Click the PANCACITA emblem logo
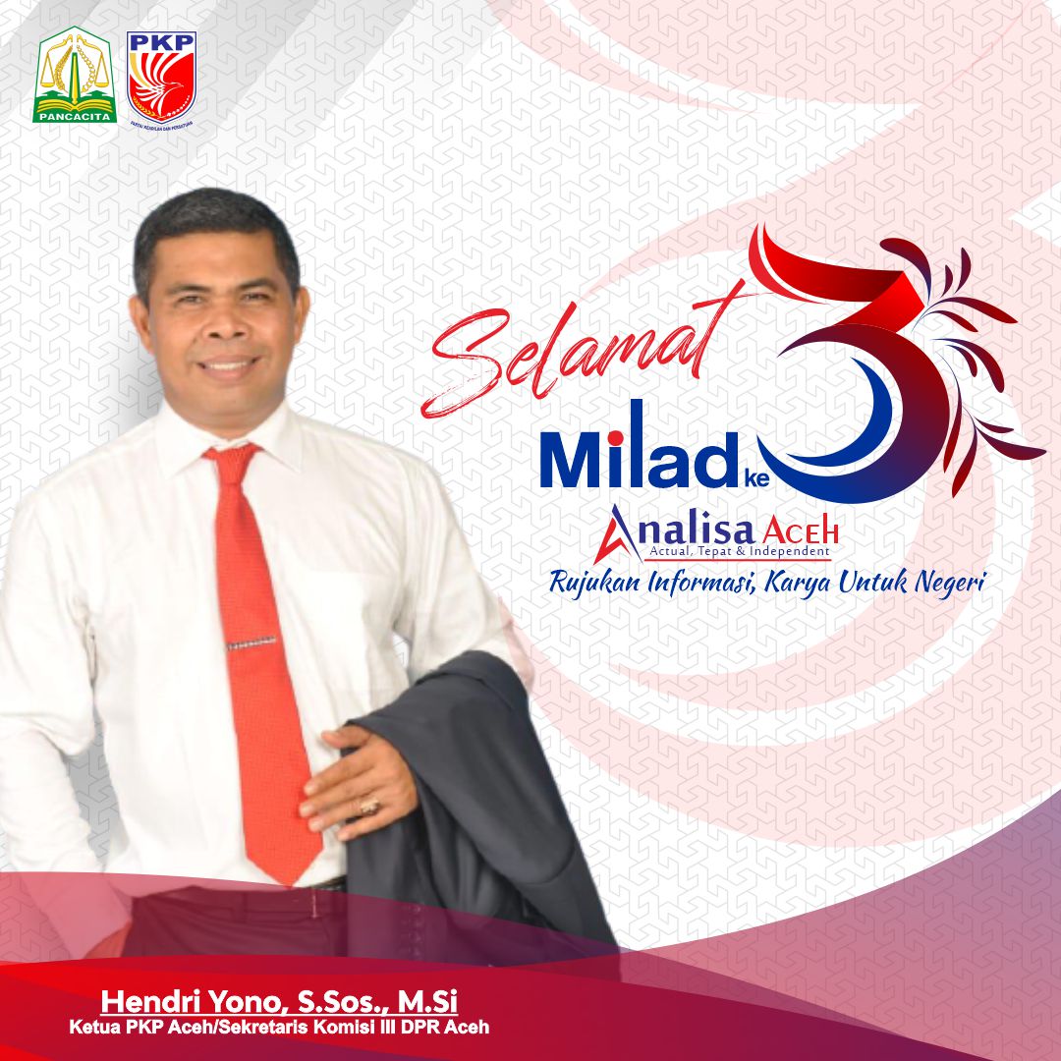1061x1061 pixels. click(x=75, y=75)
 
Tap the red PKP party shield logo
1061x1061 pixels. click(x=162, y=77)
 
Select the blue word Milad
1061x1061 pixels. click(x=637, y=447)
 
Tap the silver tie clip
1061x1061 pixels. click(x=251, y=642)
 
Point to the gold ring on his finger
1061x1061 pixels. click(x=369, y=805)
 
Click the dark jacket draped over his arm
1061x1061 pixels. click(x=483, y=799)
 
